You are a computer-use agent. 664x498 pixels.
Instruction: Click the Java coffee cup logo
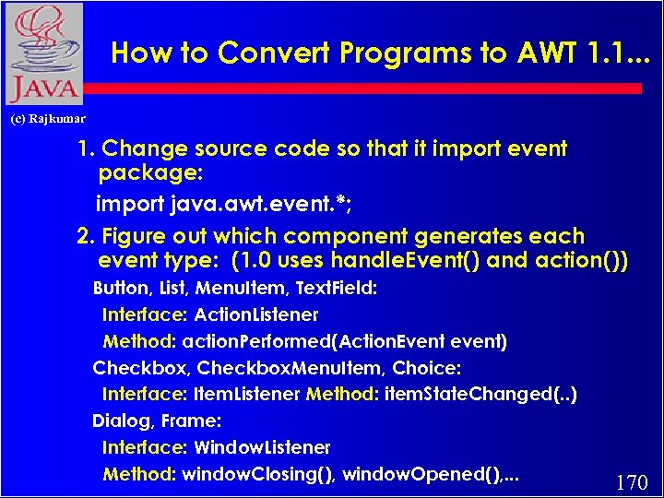(42, 53)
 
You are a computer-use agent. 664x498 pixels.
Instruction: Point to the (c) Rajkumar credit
(48, 119)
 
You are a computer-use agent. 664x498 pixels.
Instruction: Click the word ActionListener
(255, 315)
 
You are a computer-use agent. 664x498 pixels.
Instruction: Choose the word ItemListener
(246, 395)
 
